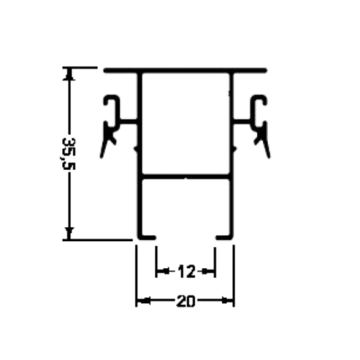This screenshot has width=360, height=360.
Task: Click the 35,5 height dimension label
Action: pyautogui.click(x=68, y=154)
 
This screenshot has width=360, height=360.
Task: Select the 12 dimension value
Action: pyautogui.click(x=186, y=271)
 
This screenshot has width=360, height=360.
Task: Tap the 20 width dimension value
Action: pyautogui.click(x=185, y=301)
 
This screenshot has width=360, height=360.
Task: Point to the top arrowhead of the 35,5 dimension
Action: pyautogui.click(x=69, y=74)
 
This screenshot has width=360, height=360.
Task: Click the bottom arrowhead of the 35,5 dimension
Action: pyautogui.click(x=69, y=234)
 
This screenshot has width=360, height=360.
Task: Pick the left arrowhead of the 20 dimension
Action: pyautogui.click(x=143, y=301)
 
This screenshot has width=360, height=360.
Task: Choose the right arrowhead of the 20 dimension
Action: pyautogui.click(x=227, y=301)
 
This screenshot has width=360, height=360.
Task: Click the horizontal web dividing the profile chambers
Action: pyautogui.click(x=186, y=177)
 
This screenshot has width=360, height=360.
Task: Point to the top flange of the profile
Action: pyautogui.click(x=185, y=70)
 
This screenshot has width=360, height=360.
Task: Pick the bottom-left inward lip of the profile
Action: pyautogui.click(x=147, y=238)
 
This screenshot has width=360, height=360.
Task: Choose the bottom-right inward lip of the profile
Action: pyautogui.click(x=224, y=238)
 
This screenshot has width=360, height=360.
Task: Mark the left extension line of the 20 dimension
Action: pyautogui.click(x=136, y=275)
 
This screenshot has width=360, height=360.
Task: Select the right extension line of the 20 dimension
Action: pyautogui.click(x=234, y=275)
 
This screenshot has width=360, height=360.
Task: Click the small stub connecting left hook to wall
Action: pyautogui.click(x=129, y=121)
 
